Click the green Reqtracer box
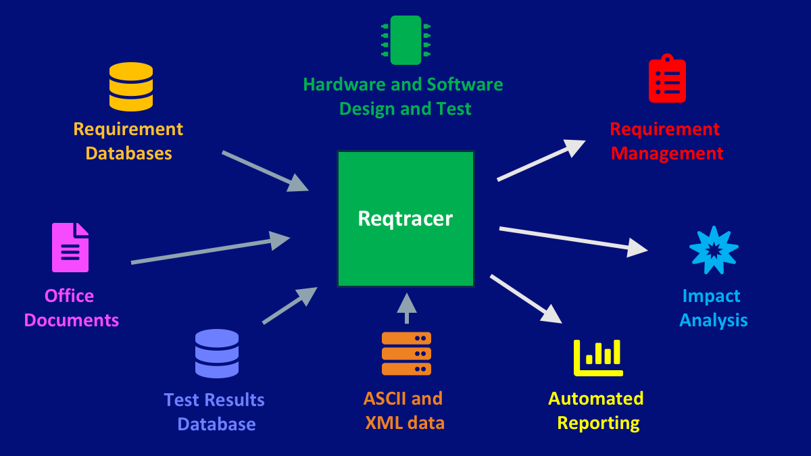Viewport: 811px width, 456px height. [405, 218]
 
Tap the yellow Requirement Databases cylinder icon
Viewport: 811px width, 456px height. [131, 86]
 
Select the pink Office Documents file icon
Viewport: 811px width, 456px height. [70, 247]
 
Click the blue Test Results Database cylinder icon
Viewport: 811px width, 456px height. [216, 353]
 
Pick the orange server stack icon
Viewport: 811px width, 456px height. [406, 353]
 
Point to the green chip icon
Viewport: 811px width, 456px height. [405, 40]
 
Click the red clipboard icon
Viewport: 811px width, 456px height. [667, 79]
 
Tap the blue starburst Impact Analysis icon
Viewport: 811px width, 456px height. [714, 250]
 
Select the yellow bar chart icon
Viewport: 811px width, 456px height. [598, 357]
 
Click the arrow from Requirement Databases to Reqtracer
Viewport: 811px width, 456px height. [264, 171]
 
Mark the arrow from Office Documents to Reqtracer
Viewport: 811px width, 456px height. [210, 249]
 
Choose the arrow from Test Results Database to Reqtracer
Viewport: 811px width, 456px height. [289, 305]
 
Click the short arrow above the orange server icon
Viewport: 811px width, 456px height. [406, 308]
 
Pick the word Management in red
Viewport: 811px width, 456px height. [666, 153]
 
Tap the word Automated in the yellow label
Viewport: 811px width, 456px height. [595, 399]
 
